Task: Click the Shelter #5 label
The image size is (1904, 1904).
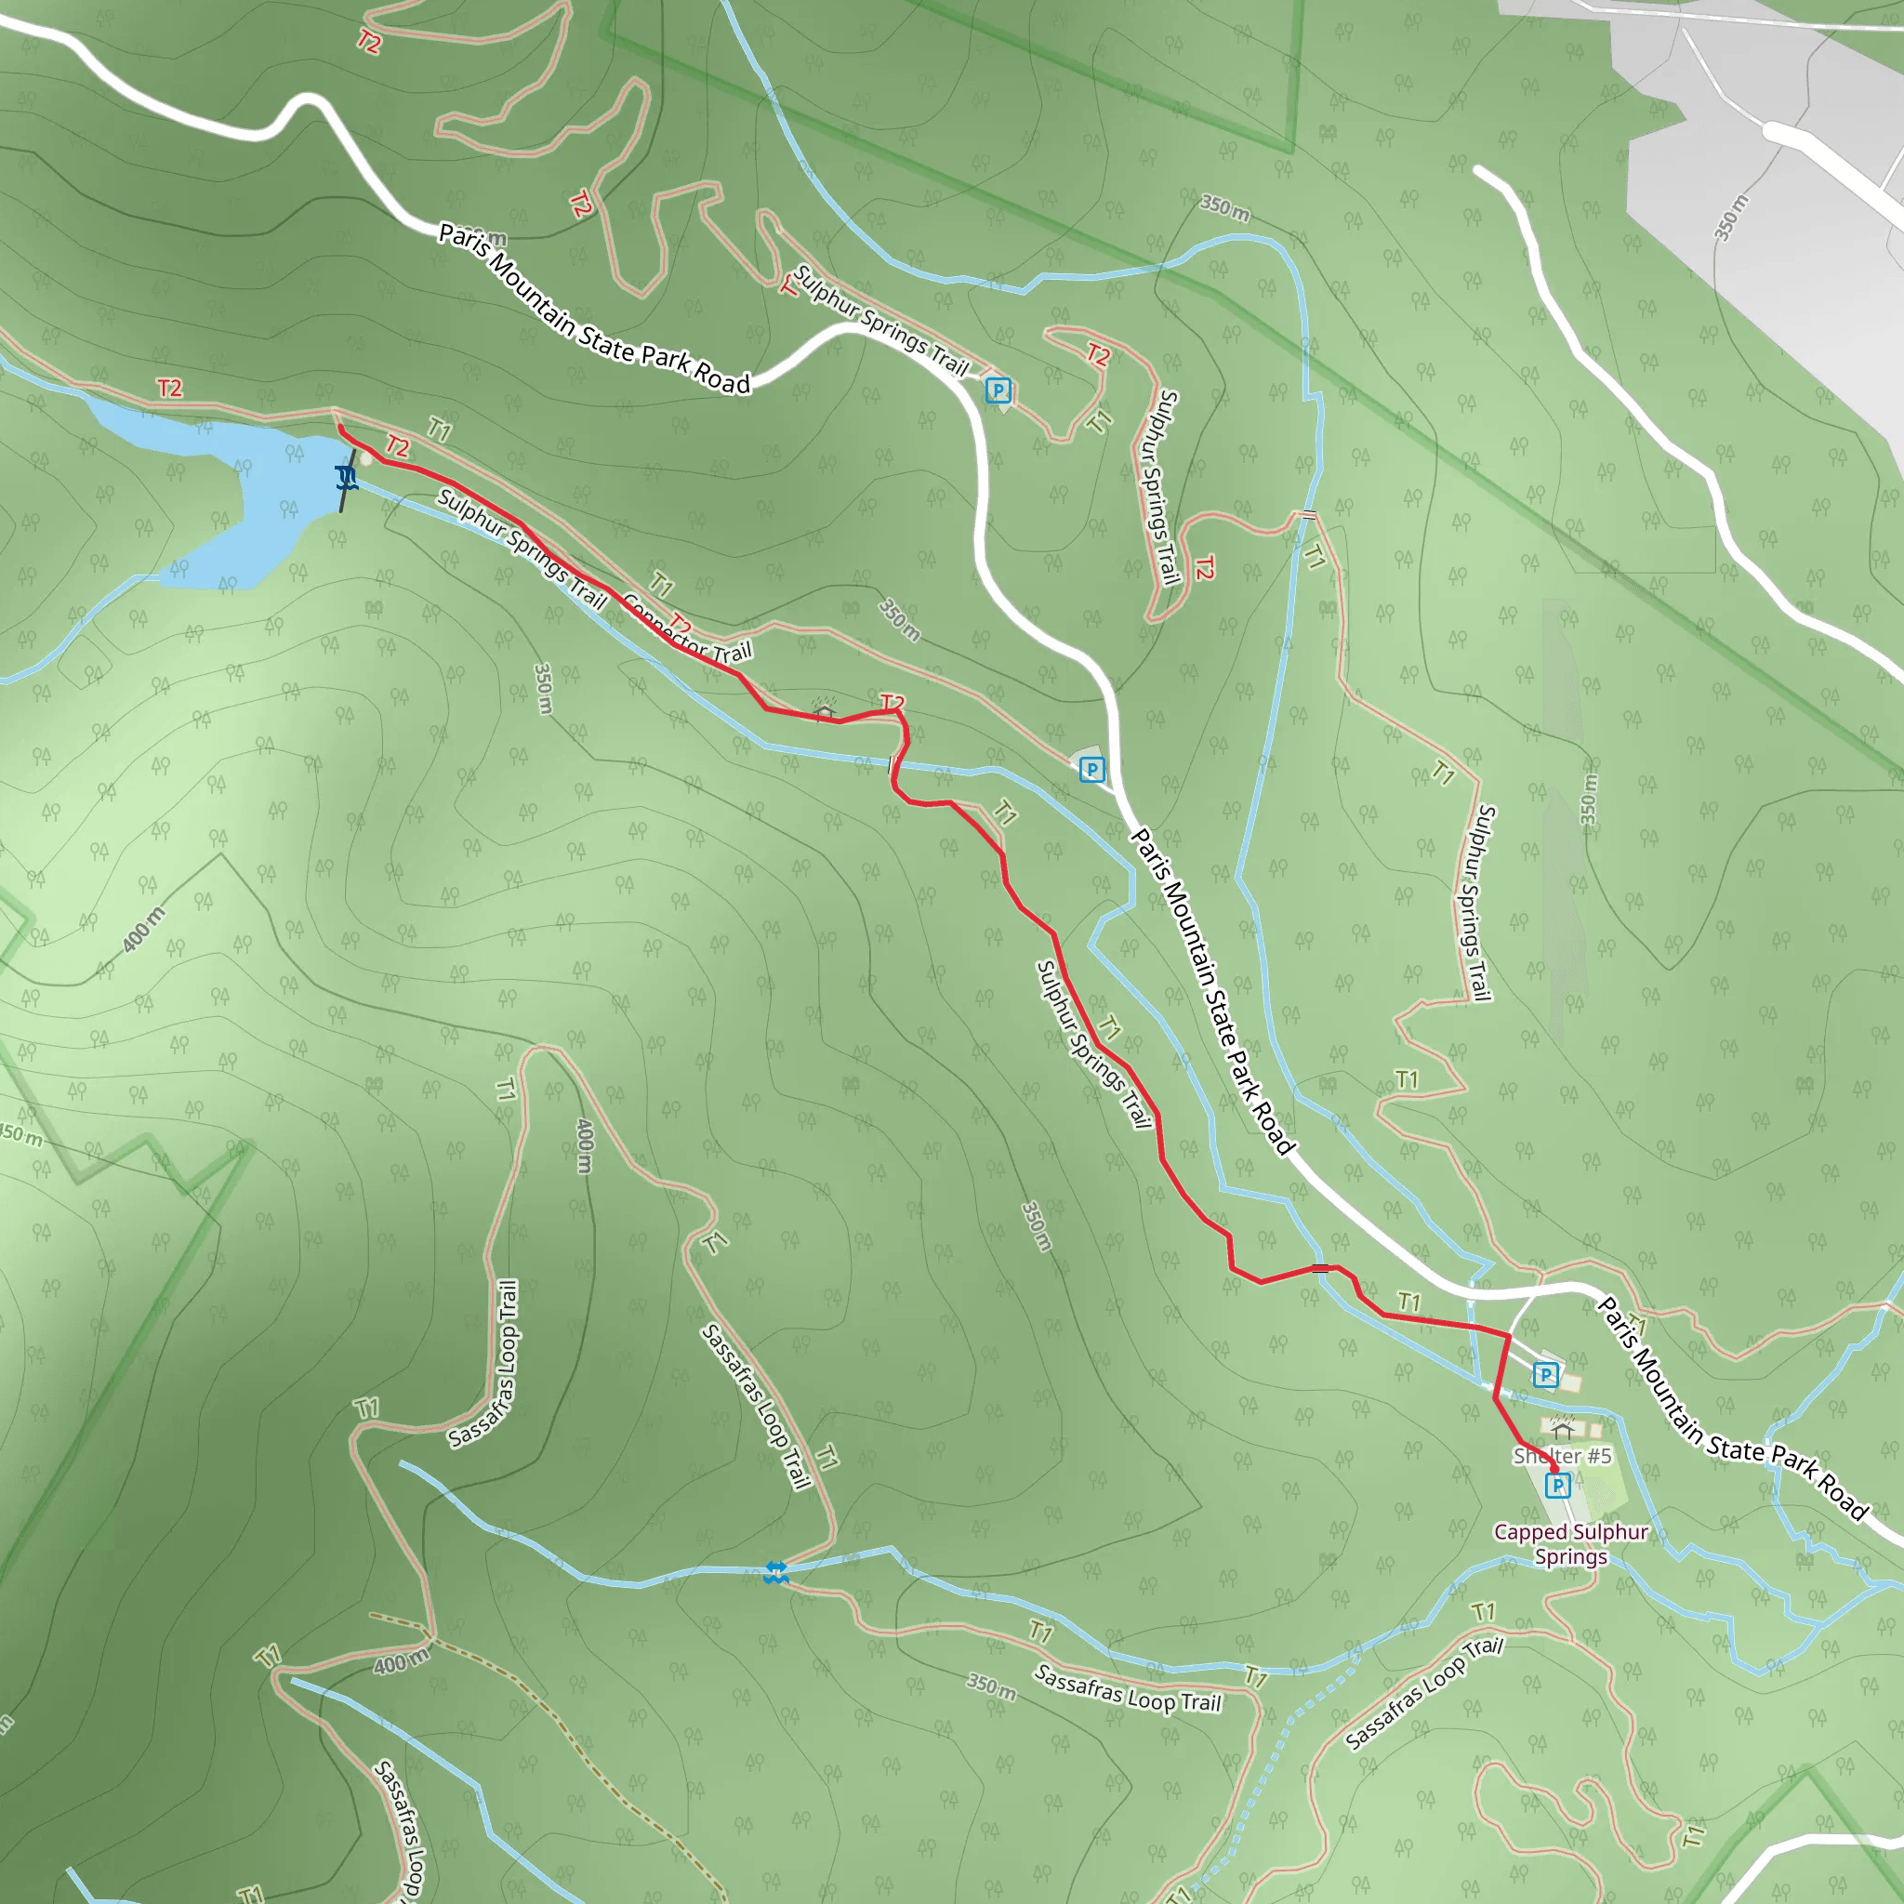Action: (x=1562, y=1456)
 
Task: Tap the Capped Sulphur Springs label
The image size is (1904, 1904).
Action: (x=1571, y=1544)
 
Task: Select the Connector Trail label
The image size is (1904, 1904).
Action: (x=688, y=631)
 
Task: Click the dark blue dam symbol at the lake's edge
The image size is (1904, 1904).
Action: (x=345, y=479)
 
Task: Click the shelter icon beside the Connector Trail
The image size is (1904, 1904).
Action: (x=824, y=708)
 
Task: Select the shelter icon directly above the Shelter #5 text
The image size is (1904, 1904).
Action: (x=1561, y=1426)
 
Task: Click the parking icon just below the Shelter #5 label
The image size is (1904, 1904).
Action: (x=1557, y=1485)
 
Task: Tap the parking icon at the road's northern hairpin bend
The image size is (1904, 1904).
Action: (x=998, y=390)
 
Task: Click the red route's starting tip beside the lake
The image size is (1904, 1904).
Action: (x=340, y=428)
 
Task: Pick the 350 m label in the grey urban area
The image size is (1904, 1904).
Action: (x=1730, y=217)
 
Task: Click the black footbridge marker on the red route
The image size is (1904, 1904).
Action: (x=1320, y=1268)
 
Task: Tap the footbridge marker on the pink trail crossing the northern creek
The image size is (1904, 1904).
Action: (x=1309, y=514)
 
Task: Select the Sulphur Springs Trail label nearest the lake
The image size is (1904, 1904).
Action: (x=521, y=547)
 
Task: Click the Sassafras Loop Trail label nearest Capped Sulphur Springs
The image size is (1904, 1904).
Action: (x=1424, y=1692)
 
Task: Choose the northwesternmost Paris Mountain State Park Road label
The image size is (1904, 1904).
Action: (x=594, y=308)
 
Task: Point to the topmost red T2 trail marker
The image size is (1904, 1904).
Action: (x=367, y=42)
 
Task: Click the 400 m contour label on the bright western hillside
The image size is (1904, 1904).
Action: (x=144, y=930)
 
